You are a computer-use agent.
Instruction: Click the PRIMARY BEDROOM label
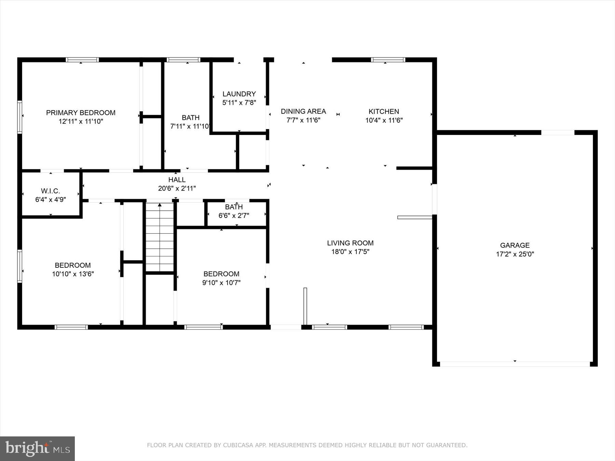[81, 113]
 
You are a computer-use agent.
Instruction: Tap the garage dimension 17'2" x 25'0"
[515, 254]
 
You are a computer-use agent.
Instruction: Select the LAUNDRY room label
[239, 94]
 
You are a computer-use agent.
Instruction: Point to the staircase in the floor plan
[160, 237]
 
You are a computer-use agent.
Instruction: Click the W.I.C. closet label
[51, 191]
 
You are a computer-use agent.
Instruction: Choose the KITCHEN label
[384, 111]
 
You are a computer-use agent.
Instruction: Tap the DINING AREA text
[303, 111]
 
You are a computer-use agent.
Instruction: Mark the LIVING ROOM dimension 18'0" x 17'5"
[350, 252]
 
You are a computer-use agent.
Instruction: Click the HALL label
[177, 180]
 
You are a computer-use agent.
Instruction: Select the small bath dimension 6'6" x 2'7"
[234, 215]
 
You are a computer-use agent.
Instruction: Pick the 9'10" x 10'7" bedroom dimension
[221, 283]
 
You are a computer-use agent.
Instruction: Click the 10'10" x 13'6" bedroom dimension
[73, 274]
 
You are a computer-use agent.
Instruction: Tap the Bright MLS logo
[37, 448]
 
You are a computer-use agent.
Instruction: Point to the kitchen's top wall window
[388, 60]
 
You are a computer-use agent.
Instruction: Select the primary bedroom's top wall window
[82, 60]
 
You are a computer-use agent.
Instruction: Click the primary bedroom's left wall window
[20, 117]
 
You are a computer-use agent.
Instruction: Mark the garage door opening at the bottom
[515, 364]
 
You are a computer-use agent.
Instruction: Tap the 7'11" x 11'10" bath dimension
[190, 126]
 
